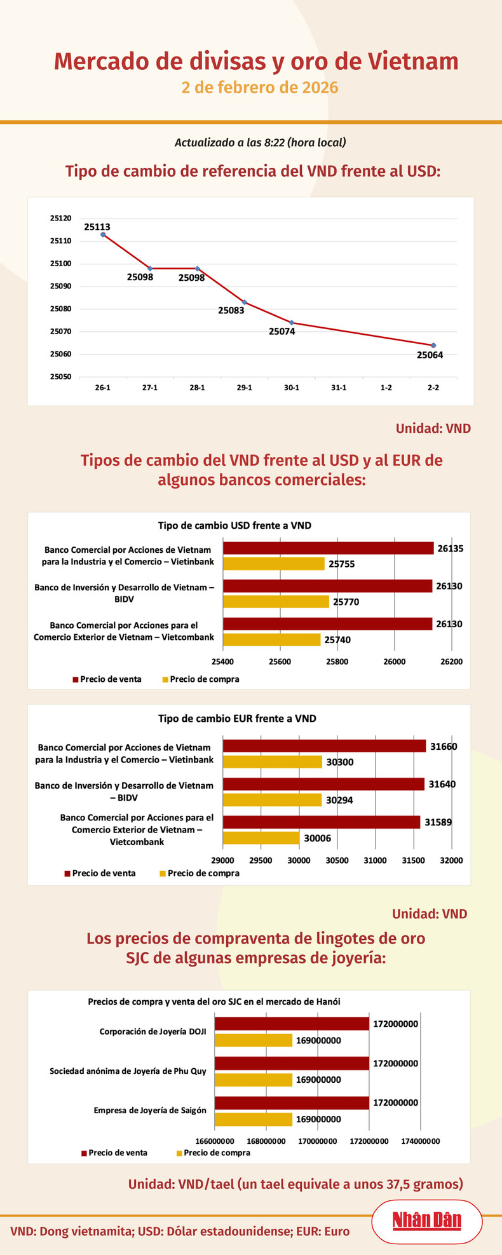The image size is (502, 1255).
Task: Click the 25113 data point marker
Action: coord(103,234)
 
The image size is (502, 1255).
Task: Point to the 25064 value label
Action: coord(430,355)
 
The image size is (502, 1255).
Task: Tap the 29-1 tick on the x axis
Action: coord(244,387)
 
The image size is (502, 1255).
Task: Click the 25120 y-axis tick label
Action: coord(61,218)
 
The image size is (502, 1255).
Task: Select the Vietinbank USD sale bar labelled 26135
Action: coord(328,548)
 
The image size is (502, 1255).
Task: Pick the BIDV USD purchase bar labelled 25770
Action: coord(276,601)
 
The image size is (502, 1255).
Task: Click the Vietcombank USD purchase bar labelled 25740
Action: coord(271,639)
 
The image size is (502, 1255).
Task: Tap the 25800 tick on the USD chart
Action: coord(337,661)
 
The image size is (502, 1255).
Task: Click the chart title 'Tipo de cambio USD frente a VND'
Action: coord(234,526)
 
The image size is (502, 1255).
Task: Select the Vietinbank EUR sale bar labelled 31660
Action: coord(324,746)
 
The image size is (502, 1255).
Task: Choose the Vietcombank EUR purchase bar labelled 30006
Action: coord(261,838)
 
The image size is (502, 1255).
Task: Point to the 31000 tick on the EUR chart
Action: coord(375,860)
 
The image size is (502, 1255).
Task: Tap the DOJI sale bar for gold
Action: coord(292,1024)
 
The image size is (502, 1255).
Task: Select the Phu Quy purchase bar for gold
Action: coord(253,1080)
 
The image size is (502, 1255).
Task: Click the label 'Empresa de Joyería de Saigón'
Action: coord(150,1110)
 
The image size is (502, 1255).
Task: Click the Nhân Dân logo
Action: coord(426,1221)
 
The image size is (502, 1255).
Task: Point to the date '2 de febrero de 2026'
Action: coord(259,87)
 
